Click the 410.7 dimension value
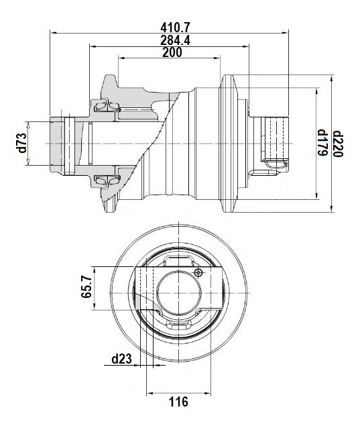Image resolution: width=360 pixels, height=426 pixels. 175,27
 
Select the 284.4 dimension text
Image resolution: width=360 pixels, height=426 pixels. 175,40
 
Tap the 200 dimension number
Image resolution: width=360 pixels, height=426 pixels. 172,52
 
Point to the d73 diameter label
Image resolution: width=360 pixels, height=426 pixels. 22,143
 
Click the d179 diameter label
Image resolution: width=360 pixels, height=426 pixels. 322,143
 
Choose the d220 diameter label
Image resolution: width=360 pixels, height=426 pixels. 338,144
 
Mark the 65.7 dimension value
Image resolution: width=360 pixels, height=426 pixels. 86,286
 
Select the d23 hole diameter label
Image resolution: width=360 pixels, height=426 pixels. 121,359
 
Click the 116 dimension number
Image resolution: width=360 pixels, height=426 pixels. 178,402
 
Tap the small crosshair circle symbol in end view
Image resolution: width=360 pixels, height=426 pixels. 198,272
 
